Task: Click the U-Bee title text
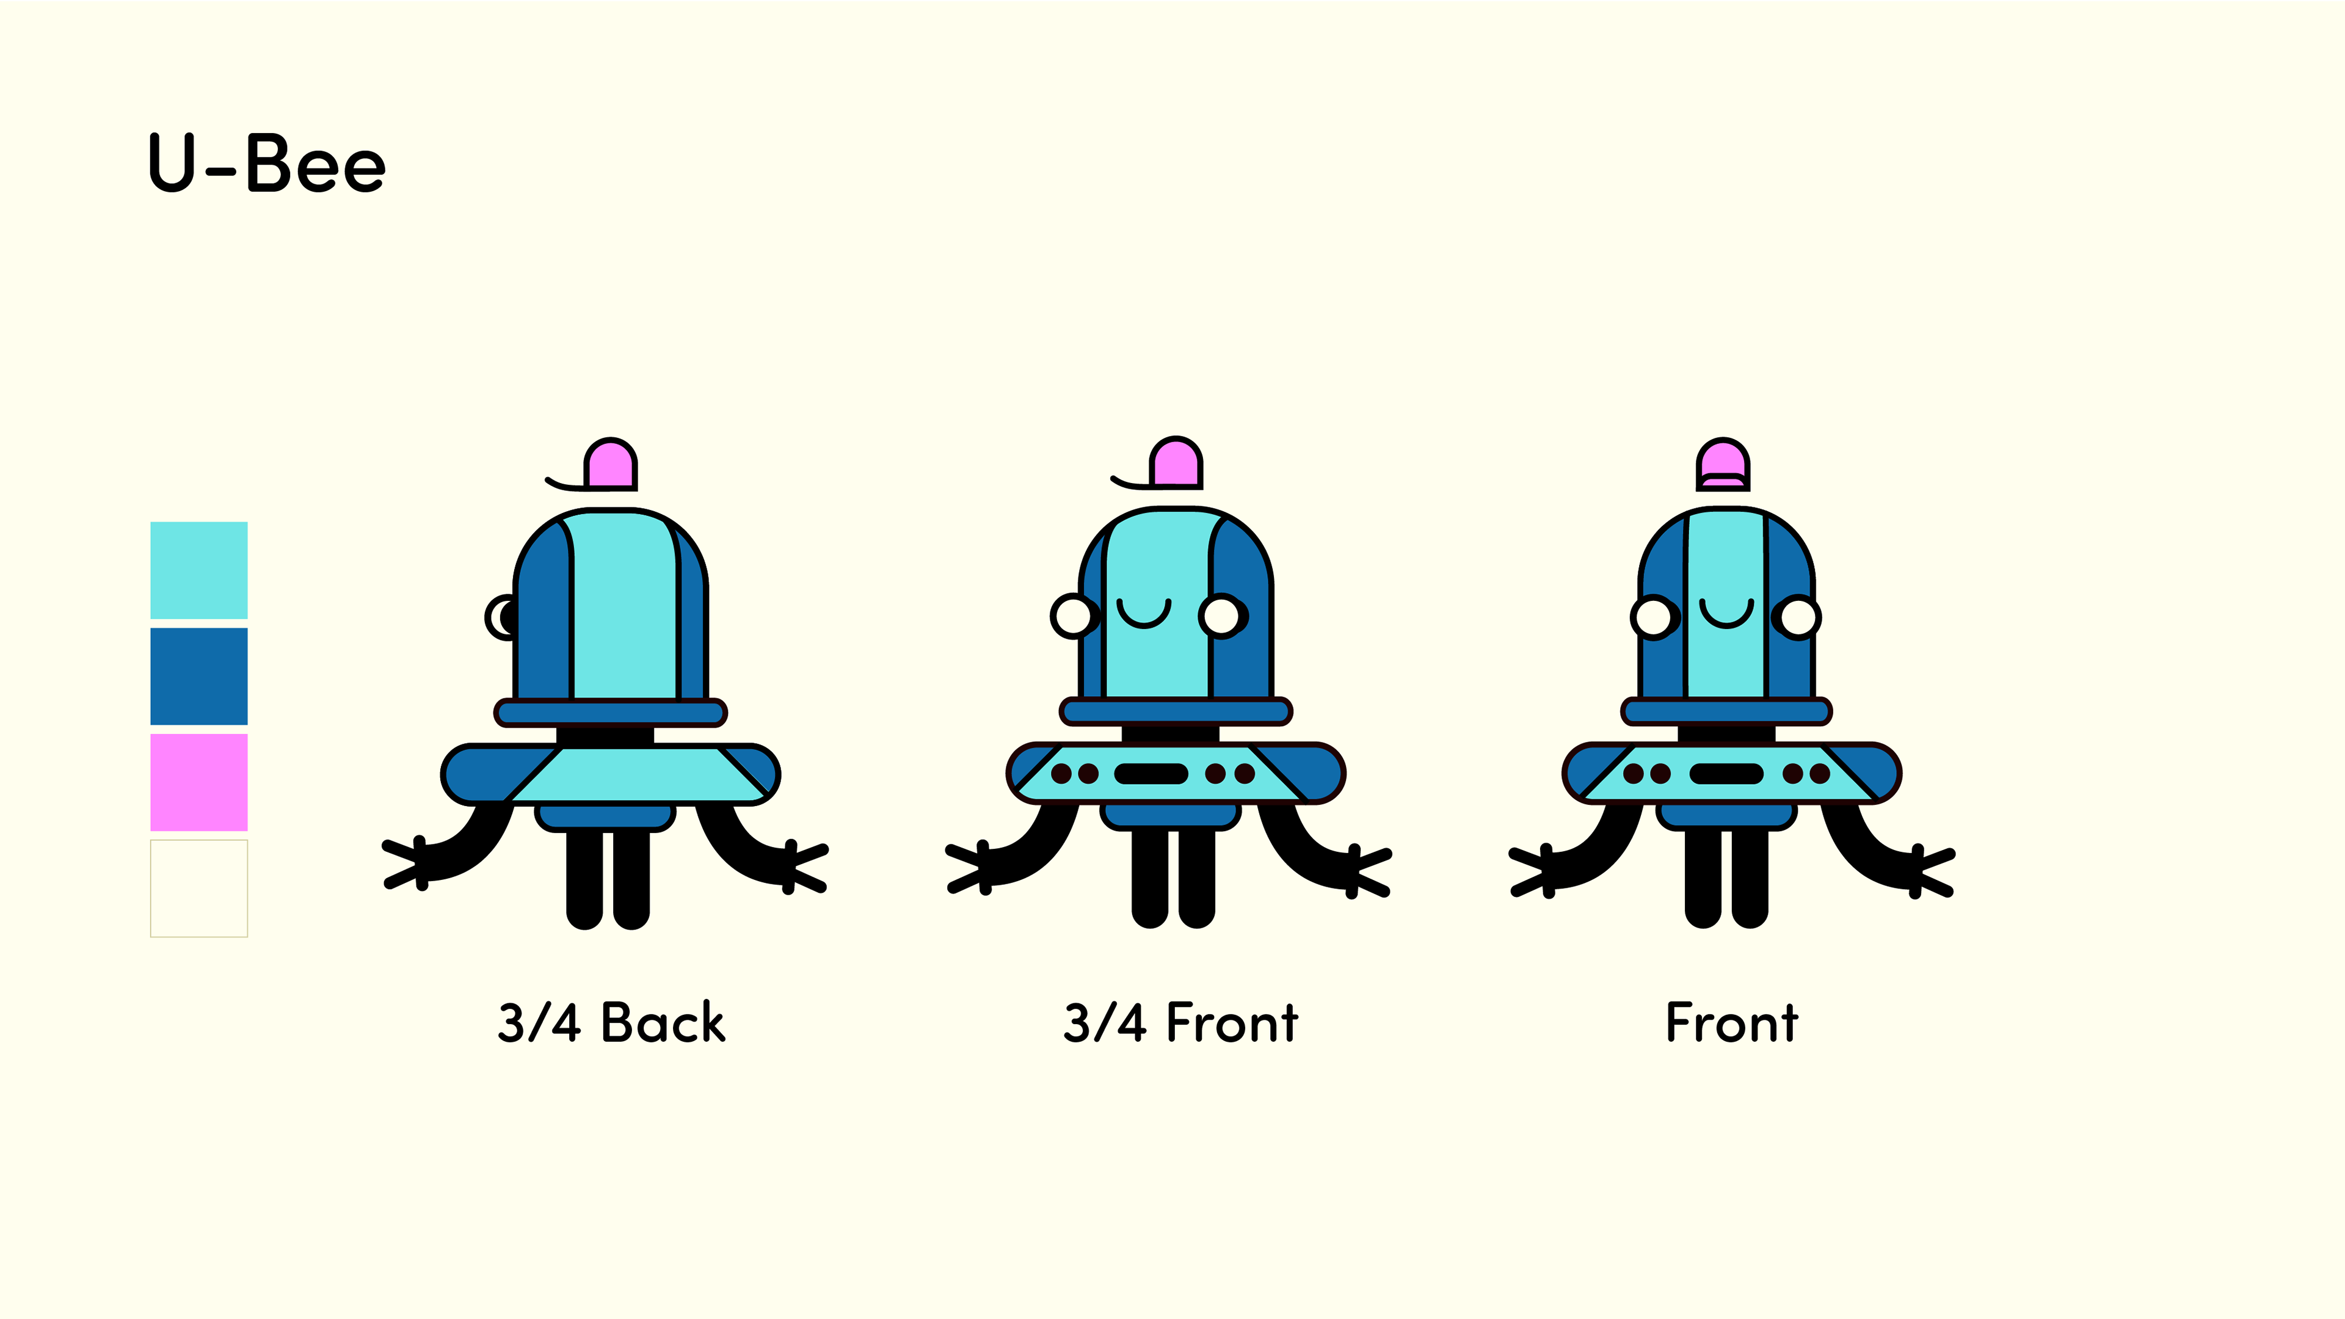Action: point(267,164)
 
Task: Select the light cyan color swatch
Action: point(198,570)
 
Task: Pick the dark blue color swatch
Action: point(198,675)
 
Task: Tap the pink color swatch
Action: point(198,782)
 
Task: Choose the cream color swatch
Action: point(198,887)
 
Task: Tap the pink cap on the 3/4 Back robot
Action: point(610,464)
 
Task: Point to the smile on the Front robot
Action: point(1726,614)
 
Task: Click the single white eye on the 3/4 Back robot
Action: point(501,618)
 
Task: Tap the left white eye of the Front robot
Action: point(1653,617)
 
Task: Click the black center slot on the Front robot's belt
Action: point(1726,774)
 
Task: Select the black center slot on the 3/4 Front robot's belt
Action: point(1151,774)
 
